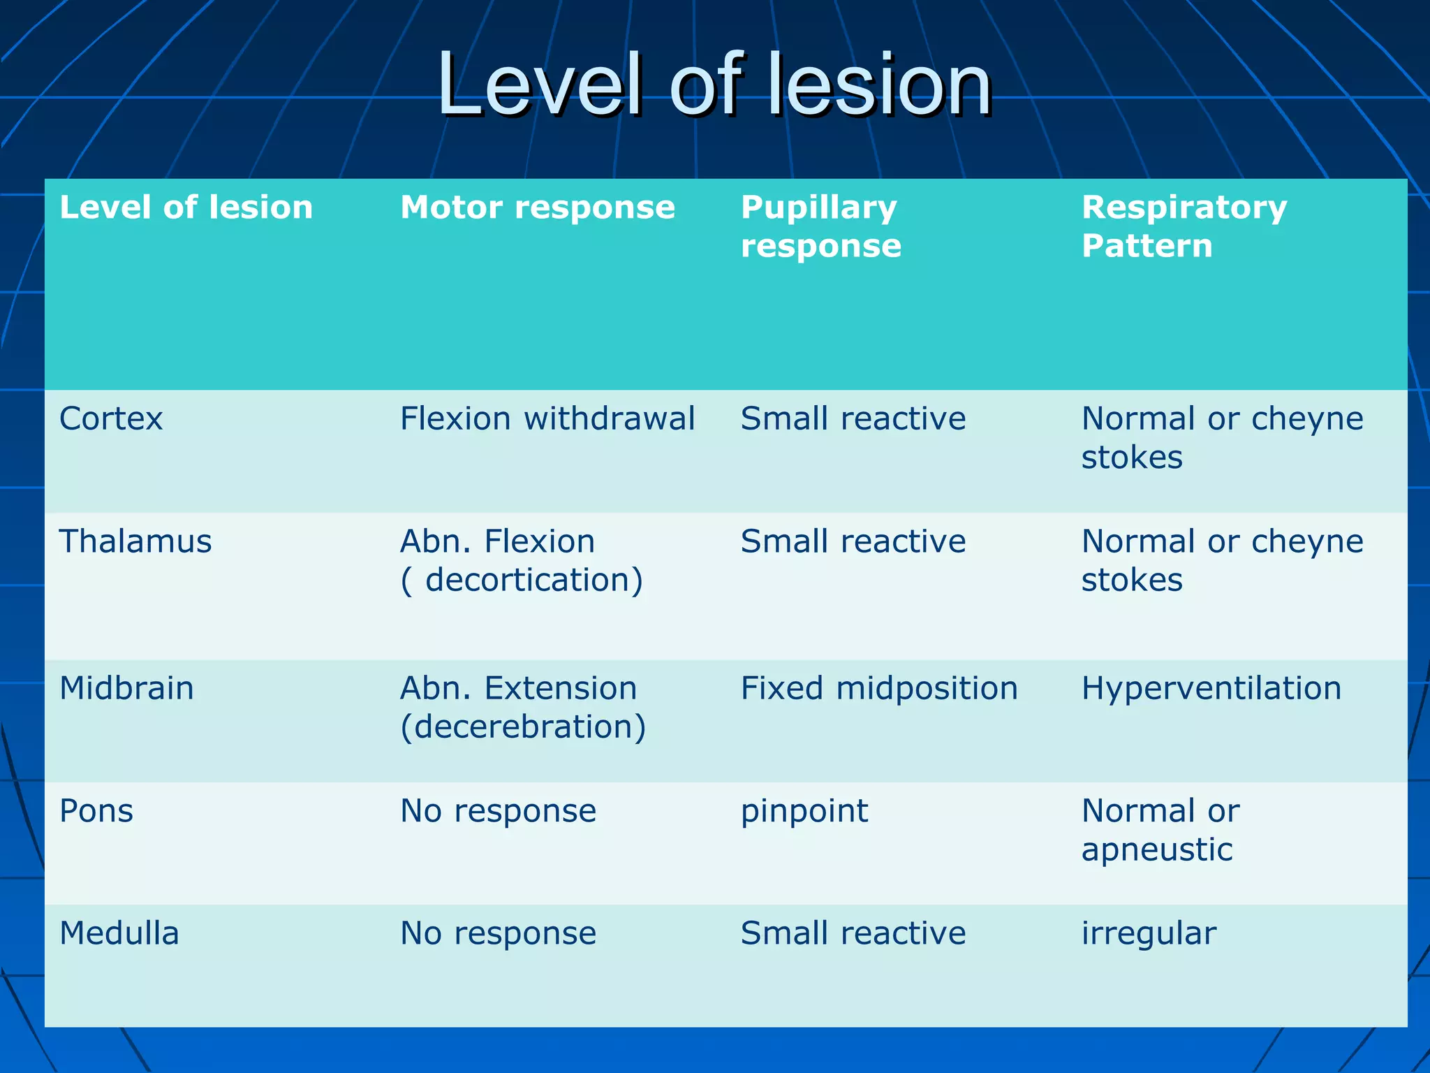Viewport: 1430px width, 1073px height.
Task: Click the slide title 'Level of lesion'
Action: [714, 85]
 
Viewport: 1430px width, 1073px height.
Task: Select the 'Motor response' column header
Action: [538, 207]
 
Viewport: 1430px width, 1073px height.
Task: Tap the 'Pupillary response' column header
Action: [821, 226]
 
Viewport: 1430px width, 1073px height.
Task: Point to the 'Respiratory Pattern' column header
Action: [1184, 226]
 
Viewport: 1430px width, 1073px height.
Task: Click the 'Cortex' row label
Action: [111, 419]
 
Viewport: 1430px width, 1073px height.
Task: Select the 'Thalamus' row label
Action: [135, 542]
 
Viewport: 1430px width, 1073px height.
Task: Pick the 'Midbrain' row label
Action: [126, 689]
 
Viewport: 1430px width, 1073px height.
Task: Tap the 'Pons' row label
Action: [96, 811]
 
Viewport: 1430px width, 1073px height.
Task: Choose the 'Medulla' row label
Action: [119, 934]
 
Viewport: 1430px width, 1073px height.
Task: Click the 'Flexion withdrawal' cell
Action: [547, 419]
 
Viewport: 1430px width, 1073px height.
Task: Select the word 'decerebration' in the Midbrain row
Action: [523, 727]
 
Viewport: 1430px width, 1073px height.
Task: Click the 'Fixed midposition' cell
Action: [879, 689]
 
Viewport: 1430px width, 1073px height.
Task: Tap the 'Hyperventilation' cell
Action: [1211, 689]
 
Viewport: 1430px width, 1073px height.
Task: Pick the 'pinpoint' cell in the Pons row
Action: [804, 812]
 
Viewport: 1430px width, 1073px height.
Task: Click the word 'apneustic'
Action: [1157, 850]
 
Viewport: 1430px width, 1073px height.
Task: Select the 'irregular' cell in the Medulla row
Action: [1149, 934]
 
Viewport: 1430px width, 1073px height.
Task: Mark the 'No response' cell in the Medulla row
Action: [498, 934]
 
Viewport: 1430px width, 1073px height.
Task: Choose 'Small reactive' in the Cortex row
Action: [853, 419]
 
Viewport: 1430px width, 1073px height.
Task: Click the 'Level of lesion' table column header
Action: [186, 207]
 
